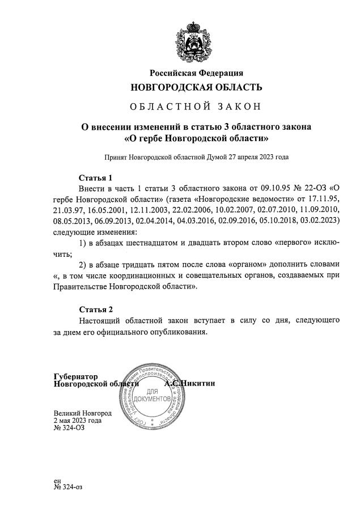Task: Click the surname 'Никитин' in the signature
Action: pyautogui.click(x=198, y=384)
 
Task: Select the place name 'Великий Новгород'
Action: pyautogui.click(x=82, y=413)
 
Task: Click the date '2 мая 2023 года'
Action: pyautogui.click(x=78, y=421)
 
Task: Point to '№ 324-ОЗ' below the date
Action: pyautogui.click(x=68, y=429)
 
